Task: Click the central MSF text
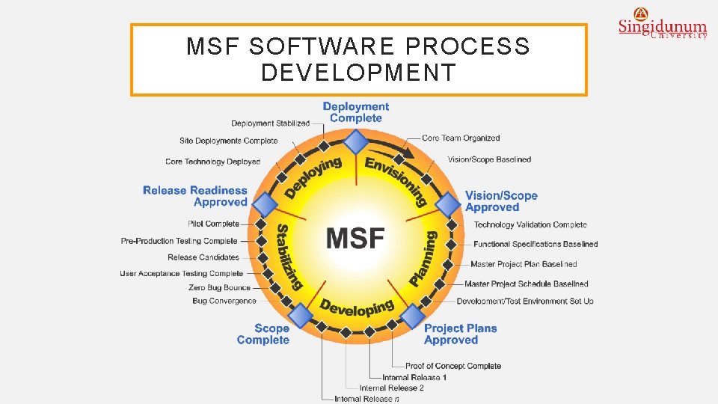pyautogui.click(x=356, y=238)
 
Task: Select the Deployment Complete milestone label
pyautogui.click(x=356, y=112)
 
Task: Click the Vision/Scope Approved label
pyautogui.click(x=501, y=201)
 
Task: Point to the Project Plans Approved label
pyautogui.click(x=460, y=334)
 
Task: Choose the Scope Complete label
pyautogui.click(x=263, y=334)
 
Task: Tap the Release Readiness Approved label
pyautogui.click(x=195, y=196)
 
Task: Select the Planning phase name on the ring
pyautogui.click(x=423, y=258)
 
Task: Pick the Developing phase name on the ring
pyautogui.click(x=357, y=307)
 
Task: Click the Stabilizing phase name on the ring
pyautogui.click(x=289, y=257)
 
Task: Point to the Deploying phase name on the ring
pyautogui.click(x=313, y=177)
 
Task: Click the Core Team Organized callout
pyautogui.click(x=460, y=138)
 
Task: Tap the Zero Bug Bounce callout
pyautogui.click(x=219, y=287)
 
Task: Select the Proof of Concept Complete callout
pyautogui.click(x=452, y=366)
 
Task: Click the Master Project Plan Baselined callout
pyautogui.click(x=524, y=264)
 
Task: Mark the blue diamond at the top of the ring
pyautogui.click(x=357, y=141)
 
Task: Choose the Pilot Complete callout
pyautogui.click(x=214, y=224)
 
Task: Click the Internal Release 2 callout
pyautogui.click(x=391, y=388)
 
